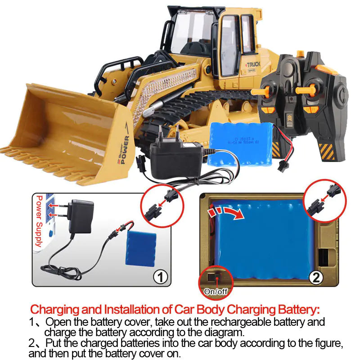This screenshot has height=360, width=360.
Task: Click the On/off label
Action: coord(216,292)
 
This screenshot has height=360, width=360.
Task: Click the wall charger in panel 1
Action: coord(81,216)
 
